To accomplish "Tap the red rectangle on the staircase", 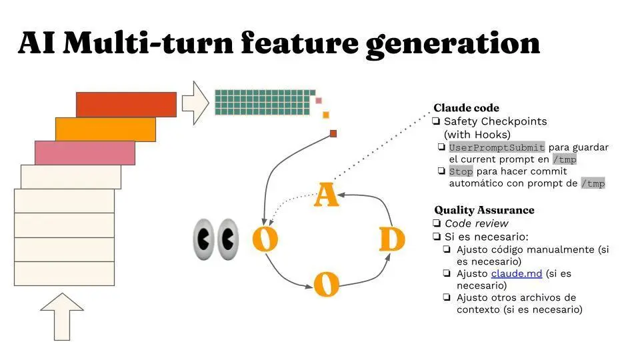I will [x=126, y=104].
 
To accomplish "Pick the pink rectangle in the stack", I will [x=85, y=153].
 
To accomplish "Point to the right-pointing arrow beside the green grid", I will [x=195, y=103].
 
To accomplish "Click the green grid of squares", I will [x=265, y=101].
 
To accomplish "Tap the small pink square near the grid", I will [x=319, y=101].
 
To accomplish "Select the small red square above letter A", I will [x=333, y=133].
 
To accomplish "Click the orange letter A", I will [x=326, y=194].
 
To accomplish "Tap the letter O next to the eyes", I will [x=265, y=239].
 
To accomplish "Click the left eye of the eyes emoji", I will [x=203, y=238].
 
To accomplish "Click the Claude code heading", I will [x=466, y=107].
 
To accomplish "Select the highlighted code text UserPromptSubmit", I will [x=497, y=147].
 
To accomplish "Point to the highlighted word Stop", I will [x=461, y=171].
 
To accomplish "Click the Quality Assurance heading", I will [x=484, y=210].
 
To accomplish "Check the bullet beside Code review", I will [x=437, y=223].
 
